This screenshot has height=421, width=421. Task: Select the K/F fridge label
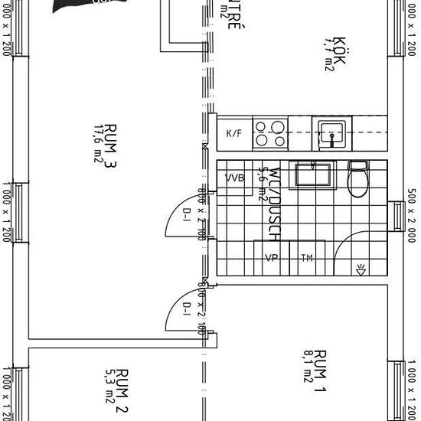[x=233, y=134]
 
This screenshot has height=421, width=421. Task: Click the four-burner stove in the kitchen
[x=270, y=133]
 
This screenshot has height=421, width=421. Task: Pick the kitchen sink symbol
[x=331, y=132]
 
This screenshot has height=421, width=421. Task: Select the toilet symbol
[x=357, y=179]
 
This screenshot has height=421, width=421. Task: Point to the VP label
[x=270, y=258]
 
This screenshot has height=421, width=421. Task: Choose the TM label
[x=307, y=258]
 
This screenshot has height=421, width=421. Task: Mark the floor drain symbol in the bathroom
[x=361, y=268]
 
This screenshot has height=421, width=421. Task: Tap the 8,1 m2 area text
[x=308, y=366]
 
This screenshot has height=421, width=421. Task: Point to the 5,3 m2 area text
[x=108, y=386]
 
